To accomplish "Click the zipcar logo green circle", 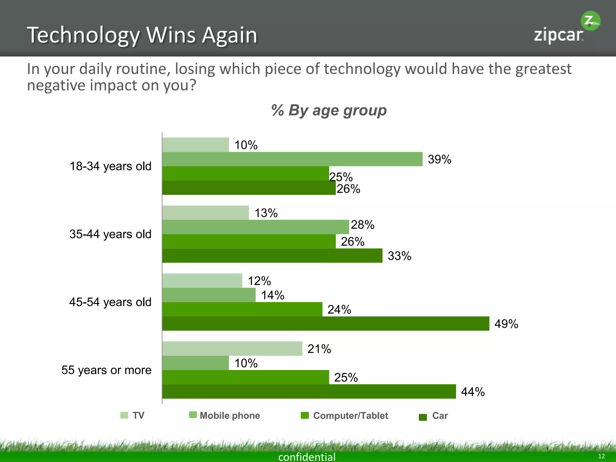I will click(x=590, y=21).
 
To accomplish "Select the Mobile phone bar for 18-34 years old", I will click(x=292, y=159).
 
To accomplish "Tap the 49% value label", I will click(x=506, y=324).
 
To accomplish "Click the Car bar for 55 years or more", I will click(x=309, y=391).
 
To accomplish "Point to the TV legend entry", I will click(x=133, y=415).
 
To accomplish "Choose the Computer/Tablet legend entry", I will click(x=344, y=415).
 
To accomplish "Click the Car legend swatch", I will click(x=423, y=417).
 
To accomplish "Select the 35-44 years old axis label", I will click(x=110, y=234).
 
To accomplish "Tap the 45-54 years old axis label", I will click(x=110, y=302).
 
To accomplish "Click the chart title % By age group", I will click(x=329, y=110).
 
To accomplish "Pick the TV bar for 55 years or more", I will click(x=232, y=349).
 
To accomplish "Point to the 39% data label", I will click(x=439, y=159).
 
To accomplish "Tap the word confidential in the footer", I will click(x=307, y=457).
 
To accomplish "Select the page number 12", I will click(x=601, y=456).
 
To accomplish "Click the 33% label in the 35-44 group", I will click(x=399, y=256).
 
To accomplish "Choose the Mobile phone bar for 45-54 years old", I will click(x=209, y=295).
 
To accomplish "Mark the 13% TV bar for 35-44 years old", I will click(x=205, y=213).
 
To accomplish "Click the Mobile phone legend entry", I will click(x=224, y=415).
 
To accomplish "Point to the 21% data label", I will click(x=319, y=349).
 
